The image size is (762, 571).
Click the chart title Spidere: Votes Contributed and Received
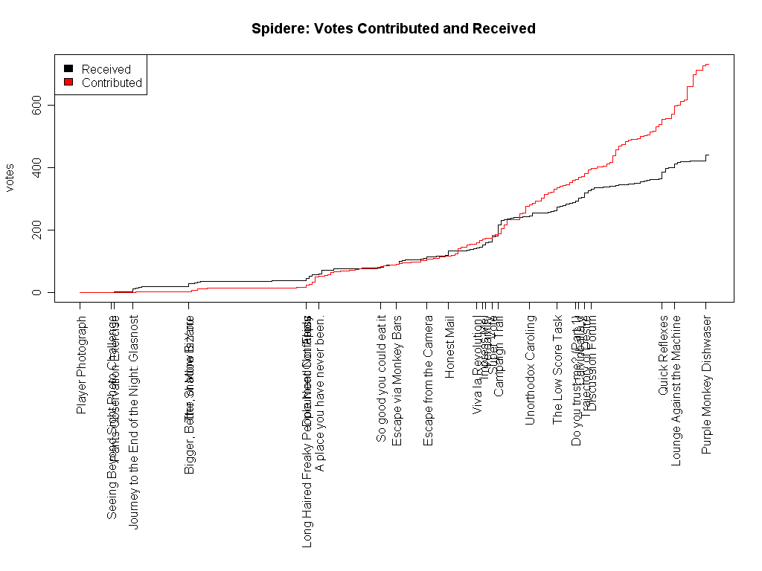coord(393,29)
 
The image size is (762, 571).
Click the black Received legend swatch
coord(68,69)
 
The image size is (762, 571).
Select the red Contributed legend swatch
coord(68,83)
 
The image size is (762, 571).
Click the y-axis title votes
coord(10,176)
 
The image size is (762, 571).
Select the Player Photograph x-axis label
coord(81,364)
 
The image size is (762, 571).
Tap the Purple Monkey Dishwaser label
coord(707,385)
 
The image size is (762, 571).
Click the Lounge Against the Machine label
coord(676,390)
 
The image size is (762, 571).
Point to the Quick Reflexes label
coord(663,355)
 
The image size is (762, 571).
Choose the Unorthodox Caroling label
coord(530,370)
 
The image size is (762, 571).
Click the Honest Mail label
coord(449,347)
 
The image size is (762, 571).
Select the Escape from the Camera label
coord(428,381)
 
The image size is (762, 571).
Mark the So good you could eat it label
coord(381,378)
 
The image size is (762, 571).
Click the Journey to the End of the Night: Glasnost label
coord(134,422)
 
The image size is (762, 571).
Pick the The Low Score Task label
coord(557,370)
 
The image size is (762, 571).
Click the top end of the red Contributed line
coord(708,65)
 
